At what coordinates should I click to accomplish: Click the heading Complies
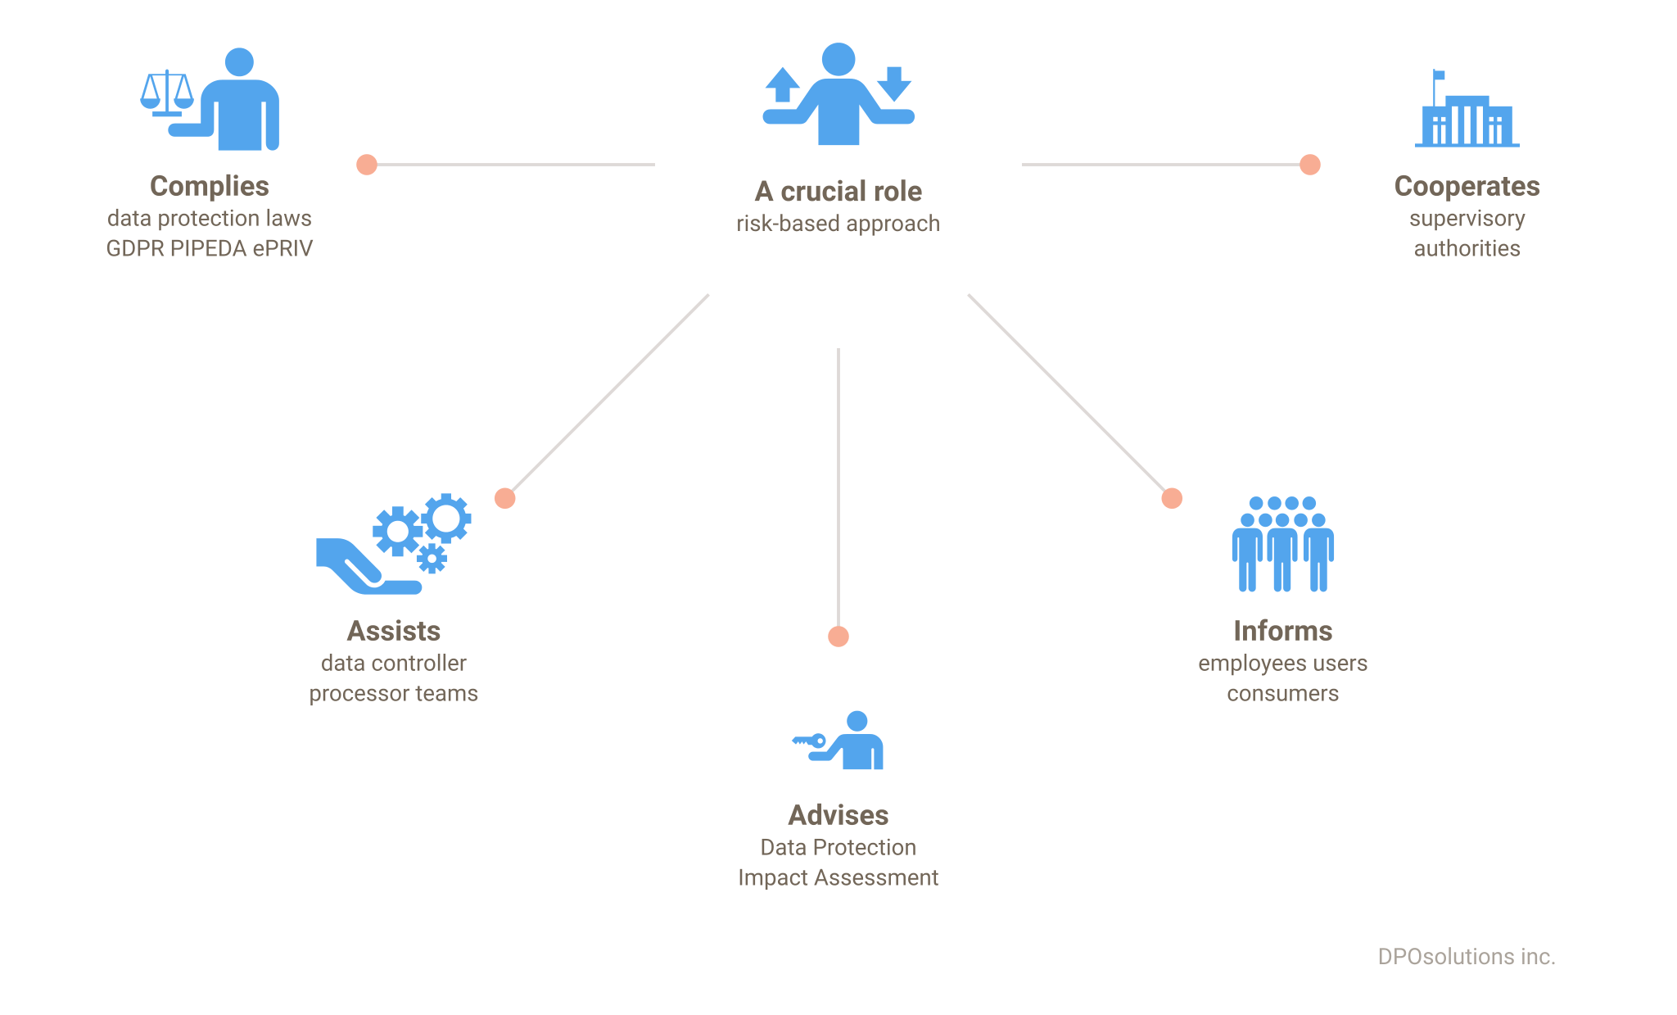[x=210, y=187]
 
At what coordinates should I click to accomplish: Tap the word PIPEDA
[x=209, y=248]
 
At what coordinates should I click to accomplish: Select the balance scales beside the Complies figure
[x=167, y=93]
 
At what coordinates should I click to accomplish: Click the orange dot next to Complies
[x=367, y=165]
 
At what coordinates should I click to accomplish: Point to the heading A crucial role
[x=838, y=191]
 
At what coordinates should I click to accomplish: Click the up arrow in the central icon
[x=782, y=84]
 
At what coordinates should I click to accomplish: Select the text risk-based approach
[x=838, y=224]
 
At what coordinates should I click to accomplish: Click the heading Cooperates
[x=1467, y=187]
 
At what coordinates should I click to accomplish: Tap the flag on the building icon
[x=1439, y=75]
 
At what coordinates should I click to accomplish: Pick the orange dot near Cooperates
[x=1310, y=165]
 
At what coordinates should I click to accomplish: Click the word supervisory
[x=1467, y=219]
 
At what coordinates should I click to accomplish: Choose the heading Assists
[x=394, y=631]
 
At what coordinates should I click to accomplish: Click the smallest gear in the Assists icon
[x=432, y=559]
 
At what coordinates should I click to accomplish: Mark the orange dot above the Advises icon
[x=838, y=637]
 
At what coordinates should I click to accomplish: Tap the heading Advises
[x=838, y=815]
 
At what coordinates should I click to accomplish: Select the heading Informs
[x=1283, y=631]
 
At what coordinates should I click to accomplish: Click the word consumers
[x=1283, y=694]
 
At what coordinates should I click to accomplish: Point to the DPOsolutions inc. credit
[x=1467, y=957]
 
